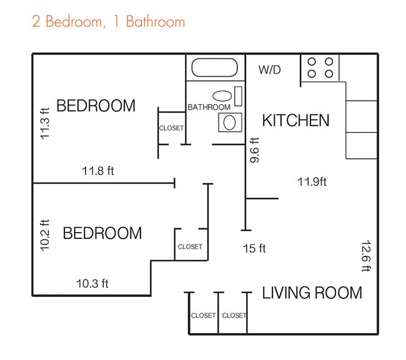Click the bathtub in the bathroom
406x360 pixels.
tap(214, 67)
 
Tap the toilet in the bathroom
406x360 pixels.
tap(230, 122)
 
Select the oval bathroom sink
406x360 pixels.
tap(222, 96)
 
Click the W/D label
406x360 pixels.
tap(270, 70)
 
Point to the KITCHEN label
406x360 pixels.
tap(295, 120)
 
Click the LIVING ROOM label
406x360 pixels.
tap(312, 293)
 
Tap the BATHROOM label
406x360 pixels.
tap(209, 107)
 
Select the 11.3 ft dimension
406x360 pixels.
tap(44, 124)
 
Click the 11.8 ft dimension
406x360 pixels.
tap(98, 171)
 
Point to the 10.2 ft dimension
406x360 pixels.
tap(44, 235)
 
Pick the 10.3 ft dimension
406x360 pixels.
tap(92, 284)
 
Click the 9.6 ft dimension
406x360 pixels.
tap(254, 150)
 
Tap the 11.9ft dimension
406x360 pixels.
tap(312, 182)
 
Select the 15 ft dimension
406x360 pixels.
tap(254, 248)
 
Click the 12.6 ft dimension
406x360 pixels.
tap(366, 256)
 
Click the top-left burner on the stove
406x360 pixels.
tap(312, 62)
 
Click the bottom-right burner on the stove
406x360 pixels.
tap(329, 74)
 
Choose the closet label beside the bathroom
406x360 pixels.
tap(171, 128)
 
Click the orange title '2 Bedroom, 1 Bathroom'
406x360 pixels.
tap(109, 21)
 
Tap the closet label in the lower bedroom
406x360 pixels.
tap(190, 246)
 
